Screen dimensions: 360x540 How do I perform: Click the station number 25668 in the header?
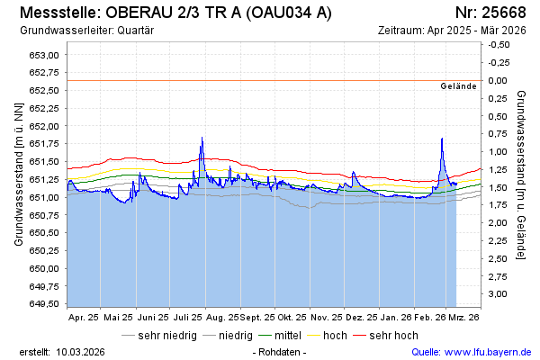[499, 13]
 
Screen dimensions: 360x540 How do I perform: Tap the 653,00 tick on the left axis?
[44, 55]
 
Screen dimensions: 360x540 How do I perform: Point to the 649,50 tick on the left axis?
[44, 304]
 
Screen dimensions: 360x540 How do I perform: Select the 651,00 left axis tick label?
[44, 197]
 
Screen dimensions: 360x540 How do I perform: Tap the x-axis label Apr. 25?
[84, 318]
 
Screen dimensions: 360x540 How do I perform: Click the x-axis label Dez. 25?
[360, 318]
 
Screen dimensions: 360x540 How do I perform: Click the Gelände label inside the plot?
[458, 86]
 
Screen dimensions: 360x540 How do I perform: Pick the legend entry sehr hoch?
[393, 336]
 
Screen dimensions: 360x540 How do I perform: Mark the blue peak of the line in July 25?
[202, 138]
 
